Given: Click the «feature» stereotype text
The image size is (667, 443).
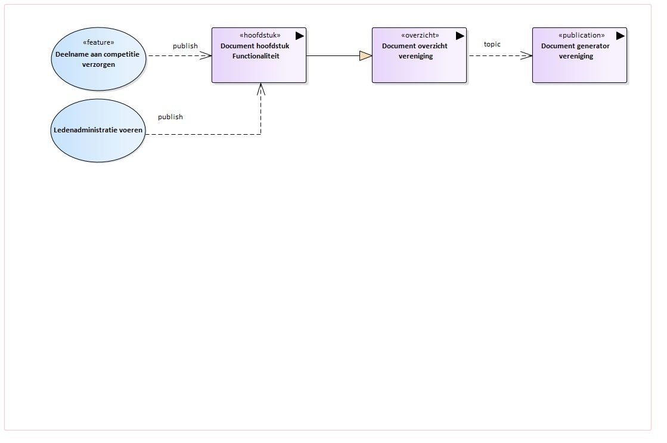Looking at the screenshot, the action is point(98,42).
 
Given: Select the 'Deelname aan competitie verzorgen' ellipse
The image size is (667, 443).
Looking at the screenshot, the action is point(98,58).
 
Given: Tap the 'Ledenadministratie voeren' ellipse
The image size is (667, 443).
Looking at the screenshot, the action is point(98,130).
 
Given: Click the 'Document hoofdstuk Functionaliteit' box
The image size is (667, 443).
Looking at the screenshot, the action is point(259,55).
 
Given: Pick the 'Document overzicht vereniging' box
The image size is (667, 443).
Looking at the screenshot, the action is point(420,55).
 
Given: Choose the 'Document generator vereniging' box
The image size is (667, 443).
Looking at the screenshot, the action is point(580,55).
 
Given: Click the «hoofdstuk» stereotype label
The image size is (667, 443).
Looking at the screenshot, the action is point(260,35).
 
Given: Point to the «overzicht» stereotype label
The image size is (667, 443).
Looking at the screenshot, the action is point(420,35).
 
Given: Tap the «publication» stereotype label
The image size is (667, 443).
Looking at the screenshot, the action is point(582,35).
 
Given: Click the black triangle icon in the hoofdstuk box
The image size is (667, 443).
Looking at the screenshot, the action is point(299,36).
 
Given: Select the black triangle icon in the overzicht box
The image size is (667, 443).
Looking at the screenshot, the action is point(460,36).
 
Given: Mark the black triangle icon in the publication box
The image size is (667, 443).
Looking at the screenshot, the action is point(620,36).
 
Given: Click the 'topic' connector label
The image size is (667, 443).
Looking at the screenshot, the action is point(492,44).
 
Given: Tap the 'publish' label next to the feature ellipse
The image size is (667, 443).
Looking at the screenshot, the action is point(185,46).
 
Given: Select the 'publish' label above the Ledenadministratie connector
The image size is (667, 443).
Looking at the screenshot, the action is point(170,117).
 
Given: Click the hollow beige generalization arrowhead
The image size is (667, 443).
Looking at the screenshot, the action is point(366,55).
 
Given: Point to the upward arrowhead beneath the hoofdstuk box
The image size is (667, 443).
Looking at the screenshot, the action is point(260,88).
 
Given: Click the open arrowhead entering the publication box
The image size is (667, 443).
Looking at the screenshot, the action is point(526,55).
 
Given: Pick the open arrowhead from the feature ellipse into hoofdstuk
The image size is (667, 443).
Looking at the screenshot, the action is point(206,55).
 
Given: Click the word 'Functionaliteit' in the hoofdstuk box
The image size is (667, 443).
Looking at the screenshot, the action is point(256,56).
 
